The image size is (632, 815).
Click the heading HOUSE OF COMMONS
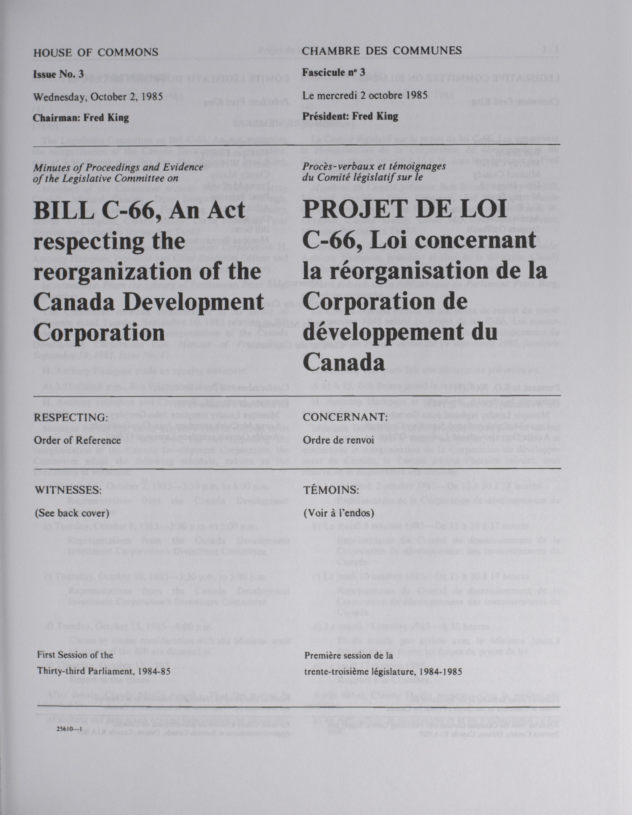click(x=96, y=52)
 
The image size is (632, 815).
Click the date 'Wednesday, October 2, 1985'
click(x=98, y=96)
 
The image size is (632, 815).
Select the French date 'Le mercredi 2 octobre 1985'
click(x=365, y=95)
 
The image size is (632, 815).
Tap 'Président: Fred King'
click(x=350, y=116)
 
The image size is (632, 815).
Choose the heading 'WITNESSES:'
click(x=66, y=489)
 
